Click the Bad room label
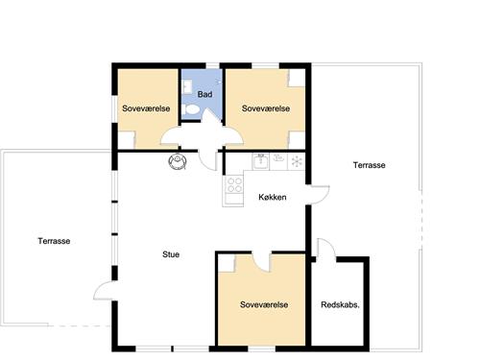204,94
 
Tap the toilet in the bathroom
190,109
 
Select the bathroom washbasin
186,87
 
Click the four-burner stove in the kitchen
234,184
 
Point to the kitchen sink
260,161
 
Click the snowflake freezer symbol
297,161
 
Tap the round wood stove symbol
178,161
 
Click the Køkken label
273,197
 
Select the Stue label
171,254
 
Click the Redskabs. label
340,304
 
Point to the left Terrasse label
54,241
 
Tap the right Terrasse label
369,165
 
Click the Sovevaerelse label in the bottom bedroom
264,304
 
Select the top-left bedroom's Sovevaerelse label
146,108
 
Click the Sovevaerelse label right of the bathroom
266,108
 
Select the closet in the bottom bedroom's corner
227,263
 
